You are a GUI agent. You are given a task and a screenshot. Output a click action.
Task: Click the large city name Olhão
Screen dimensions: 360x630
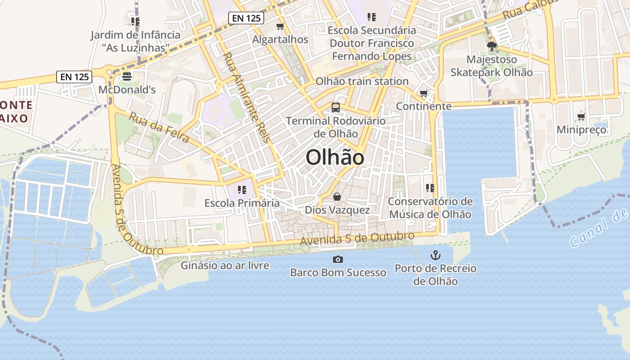335,157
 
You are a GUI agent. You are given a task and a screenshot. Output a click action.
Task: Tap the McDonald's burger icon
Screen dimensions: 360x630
127,76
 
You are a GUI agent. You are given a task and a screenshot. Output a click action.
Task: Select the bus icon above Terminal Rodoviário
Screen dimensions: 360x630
336,108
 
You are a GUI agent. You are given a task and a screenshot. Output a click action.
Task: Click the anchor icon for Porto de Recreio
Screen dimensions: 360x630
435,256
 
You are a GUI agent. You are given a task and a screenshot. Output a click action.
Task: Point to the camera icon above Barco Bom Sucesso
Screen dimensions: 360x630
337,259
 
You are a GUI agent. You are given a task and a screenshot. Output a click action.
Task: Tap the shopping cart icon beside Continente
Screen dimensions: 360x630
423,94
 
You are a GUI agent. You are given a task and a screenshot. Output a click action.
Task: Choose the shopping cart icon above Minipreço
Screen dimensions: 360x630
581,117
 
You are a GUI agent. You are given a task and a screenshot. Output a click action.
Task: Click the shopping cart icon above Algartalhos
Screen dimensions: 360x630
280,27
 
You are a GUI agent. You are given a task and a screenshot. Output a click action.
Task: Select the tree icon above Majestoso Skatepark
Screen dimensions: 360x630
491,46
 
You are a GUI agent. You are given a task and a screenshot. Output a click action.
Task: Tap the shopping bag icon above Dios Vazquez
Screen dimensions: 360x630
337,197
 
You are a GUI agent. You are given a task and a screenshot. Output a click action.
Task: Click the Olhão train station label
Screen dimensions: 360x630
362,81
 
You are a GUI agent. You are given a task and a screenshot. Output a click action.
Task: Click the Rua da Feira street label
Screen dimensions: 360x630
159,127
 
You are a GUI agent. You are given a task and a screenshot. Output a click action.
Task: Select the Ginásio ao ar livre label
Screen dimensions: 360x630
225,265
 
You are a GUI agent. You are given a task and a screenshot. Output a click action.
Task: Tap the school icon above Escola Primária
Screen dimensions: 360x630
242,190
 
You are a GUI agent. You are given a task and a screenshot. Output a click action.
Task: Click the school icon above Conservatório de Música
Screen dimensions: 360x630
430,188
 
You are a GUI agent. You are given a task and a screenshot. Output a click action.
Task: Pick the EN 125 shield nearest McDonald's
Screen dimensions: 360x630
75,77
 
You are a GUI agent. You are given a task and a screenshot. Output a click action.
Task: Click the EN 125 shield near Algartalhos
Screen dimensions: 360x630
246,18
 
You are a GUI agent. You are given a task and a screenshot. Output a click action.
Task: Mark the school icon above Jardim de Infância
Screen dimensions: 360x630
135,21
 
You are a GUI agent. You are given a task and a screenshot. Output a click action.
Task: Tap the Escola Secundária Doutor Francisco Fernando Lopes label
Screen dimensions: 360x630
372,43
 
